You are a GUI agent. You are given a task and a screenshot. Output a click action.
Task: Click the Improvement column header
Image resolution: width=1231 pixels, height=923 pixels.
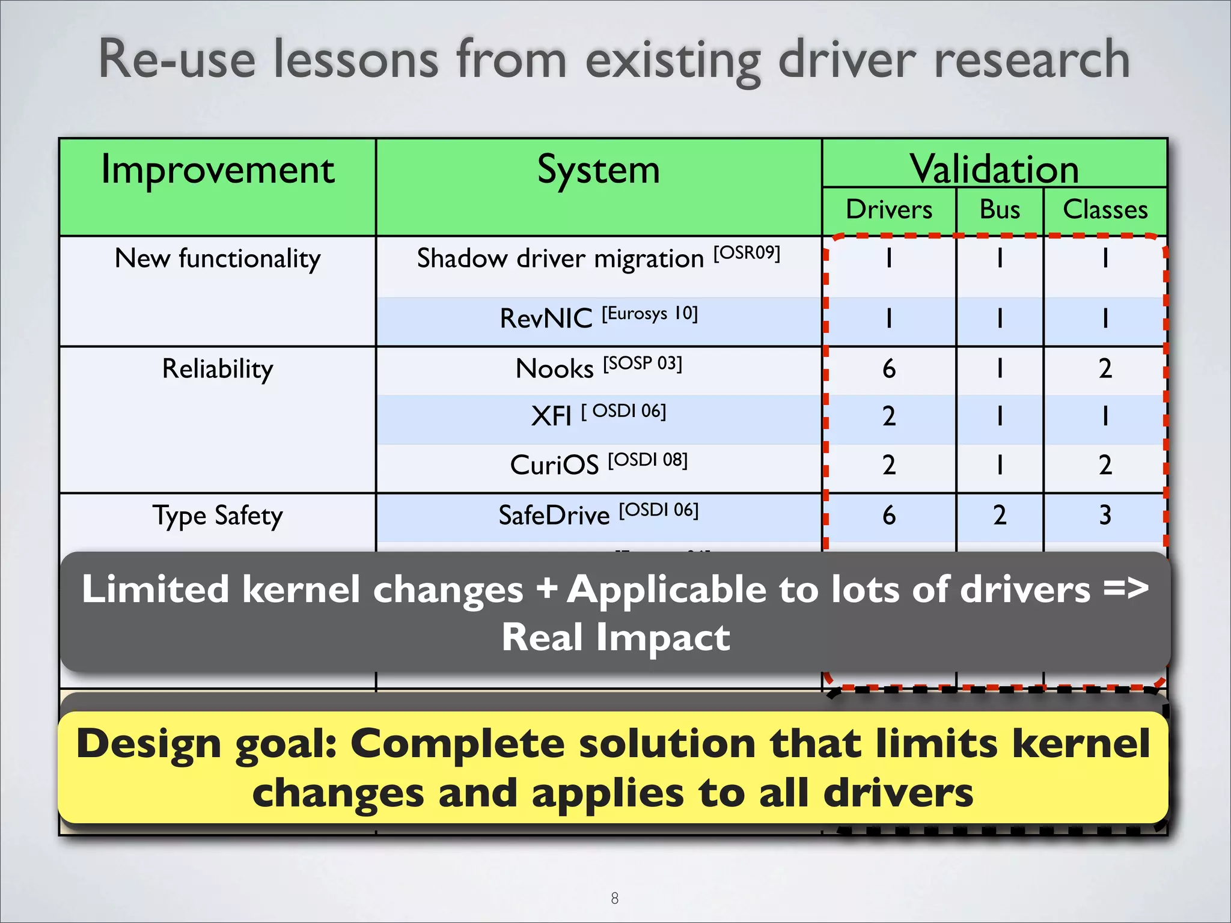[217, 170]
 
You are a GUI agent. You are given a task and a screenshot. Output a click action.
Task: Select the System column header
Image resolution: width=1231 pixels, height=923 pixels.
[598, 170]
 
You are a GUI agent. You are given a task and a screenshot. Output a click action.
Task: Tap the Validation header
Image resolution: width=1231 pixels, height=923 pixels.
[994, 168]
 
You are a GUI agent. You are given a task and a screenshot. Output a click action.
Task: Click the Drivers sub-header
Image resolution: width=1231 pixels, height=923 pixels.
[888, 210]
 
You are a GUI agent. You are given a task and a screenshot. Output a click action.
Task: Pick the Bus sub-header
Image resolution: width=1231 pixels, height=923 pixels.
[1000, 210]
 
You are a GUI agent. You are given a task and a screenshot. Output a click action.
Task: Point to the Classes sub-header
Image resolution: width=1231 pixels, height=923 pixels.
[1105, 210]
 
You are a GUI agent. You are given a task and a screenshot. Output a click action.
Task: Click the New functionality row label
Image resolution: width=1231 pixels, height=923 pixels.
[217, 259]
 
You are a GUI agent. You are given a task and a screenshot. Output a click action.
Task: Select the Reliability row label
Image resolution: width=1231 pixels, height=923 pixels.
[217, 368]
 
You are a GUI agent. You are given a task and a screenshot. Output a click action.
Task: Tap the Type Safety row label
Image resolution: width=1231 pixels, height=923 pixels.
[217, 516]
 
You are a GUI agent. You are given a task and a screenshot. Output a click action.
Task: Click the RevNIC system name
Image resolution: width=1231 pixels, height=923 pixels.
[546, 318]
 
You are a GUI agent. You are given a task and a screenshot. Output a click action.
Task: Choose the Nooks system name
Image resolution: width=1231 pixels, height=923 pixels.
[554, 368]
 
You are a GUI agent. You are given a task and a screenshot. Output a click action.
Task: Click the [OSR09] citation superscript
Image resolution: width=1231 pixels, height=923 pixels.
[747, 253]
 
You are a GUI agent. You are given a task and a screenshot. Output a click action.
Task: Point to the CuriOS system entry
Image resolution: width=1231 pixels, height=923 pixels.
[554, 465]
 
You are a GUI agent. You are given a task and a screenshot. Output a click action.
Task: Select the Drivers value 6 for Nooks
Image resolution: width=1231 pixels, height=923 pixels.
[888, 368]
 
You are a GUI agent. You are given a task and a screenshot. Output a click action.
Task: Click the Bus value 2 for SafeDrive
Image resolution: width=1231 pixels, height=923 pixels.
[1000, 516]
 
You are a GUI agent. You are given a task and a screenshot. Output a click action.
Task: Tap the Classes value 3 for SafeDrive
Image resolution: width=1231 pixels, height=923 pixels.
[1105, 516]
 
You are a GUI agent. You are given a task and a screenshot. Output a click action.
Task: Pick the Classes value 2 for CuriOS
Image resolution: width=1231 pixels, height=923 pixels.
[1105, 465]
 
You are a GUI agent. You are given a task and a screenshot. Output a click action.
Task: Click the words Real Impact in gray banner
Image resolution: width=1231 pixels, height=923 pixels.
[615, 638]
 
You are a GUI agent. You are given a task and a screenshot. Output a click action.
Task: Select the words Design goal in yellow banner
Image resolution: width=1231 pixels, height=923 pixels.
[206, 744]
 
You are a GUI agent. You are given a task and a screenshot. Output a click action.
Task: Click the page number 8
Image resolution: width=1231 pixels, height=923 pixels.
[614, 898]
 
